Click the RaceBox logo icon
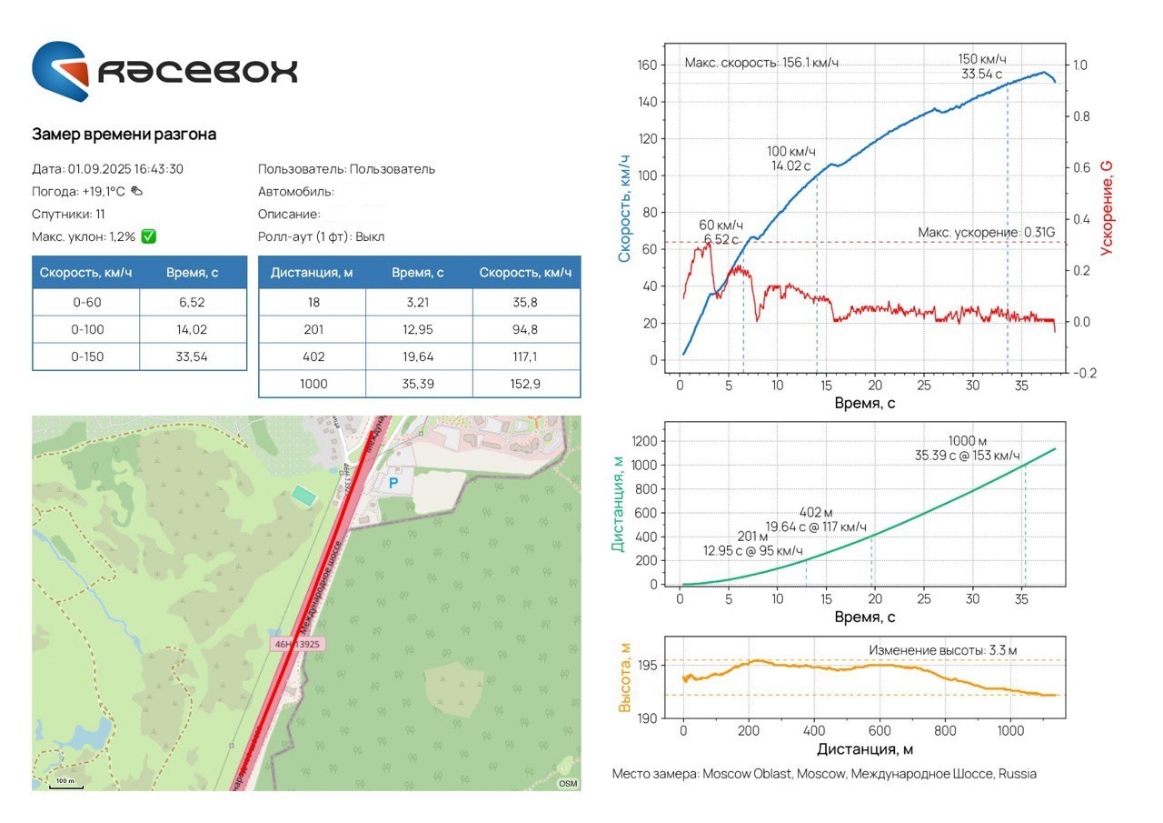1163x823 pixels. tap(61, 71)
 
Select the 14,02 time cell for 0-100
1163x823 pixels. tap(193, 329)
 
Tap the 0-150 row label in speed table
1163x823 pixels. tap(86, 356)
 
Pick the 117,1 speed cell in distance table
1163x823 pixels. tap(526, 356)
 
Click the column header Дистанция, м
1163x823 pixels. tap(312, 273)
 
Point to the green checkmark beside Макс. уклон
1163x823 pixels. tap(149, 236)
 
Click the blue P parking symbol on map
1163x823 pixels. tap(393, 484)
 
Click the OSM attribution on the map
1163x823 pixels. tap(568, 783)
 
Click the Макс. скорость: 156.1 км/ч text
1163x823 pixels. tap(760, 63)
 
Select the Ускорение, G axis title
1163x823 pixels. tap(1106, 207)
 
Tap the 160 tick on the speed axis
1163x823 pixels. tap(646, 65)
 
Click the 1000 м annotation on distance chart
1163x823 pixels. tap(967, 440)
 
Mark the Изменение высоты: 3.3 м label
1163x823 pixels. tap(942, 650)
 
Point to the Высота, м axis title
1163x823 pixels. tap(624, 677)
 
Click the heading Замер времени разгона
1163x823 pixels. tap(124, 135)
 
